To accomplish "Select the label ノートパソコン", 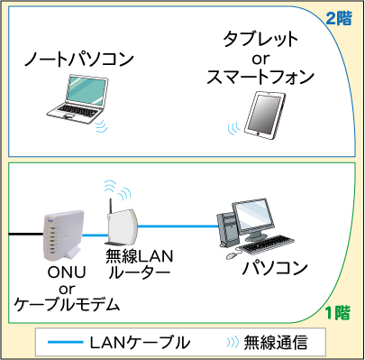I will [x=79, y=60].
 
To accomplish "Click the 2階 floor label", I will [x=340, y=17].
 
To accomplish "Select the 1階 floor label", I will [x=337, y=313].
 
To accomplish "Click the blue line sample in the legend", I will [x=63, y=343].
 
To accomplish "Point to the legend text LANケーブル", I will [x=140, y=343].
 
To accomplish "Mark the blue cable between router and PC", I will [x=180, y=227].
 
